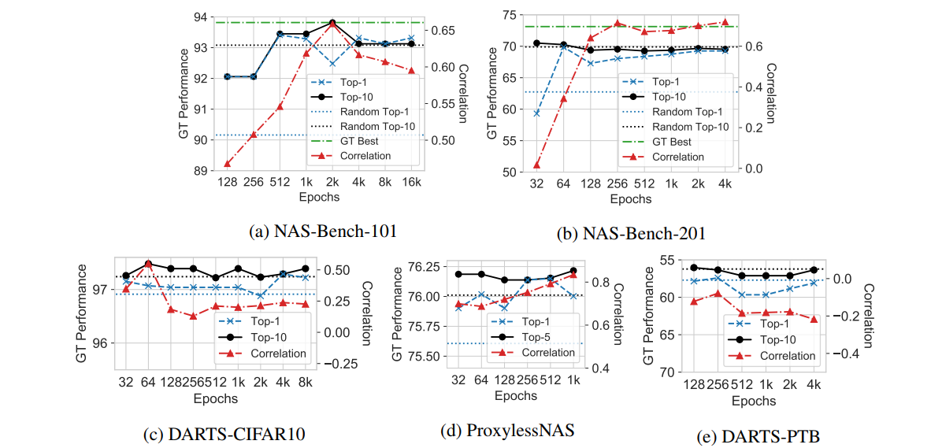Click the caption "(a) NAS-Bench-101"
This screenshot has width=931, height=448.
pyautogui.click(x=322, y=232)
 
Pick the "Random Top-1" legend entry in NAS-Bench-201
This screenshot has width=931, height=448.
pyautogui.click(x=694, y=112)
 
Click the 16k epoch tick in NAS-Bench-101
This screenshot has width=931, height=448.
pyautogui.click(x=410, y=183)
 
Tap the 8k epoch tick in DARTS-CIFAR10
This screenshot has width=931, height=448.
pyautogui.click(x=305, y=383)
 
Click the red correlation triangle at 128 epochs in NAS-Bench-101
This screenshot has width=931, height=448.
pyautogui.click(x=227, y=164)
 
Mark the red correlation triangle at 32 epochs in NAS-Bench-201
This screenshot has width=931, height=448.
pyautogui.click(x=537, y=165)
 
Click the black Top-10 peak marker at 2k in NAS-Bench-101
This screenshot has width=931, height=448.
pyautogui.click(x=332, y=23)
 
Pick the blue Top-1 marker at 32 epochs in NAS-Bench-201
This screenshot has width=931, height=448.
pyautogui.click(x=537, y=113)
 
